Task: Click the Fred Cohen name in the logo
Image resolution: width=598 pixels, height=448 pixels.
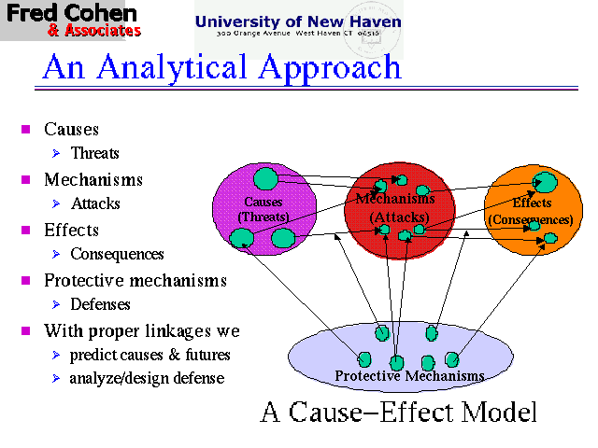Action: (x=71, y=13)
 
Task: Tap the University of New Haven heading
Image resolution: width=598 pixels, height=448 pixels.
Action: (x=298, y=21)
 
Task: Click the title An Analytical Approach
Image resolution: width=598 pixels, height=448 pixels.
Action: (x=221, y=67)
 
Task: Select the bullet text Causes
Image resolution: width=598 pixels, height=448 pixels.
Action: (x=71, y=129)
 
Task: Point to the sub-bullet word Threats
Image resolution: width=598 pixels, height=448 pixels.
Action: (x=94, y=153)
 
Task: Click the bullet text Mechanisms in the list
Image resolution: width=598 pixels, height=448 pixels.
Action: (x=93, y=179)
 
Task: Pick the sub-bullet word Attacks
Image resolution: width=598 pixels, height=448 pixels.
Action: (x=95, y=203)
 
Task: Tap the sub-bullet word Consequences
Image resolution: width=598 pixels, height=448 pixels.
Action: (x=117, y=254)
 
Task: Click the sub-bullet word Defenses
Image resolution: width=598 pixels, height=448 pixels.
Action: (x=100, y=304)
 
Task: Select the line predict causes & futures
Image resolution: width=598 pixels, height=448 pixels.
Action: (x=149, y=355)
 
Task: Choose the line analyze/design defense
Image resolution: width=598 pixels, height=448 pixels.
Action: (x=147, y=378)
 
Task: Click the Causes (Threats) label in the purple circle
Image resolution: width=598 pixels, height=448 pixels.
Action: (x=263, y=209)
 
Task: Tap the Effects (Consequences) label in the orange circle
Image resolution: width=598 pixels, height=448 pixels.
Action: (x=530, y=211)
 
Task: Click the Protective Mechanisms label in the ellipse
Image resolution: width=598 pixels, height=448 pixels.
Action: (x=409, y=376)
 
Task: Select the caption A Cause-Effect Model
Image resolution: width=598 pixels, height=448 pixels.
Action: (x=399, y=412)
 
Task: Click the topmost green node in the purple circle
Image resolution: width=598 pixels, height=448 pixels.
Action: (x=266, y=177)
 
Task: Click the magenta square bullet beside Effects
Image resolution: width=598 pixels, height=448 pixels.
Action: (x=26, y=230)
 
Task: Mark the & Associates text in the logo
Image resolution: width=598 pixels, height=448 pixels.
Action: (x=93, y=31)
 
